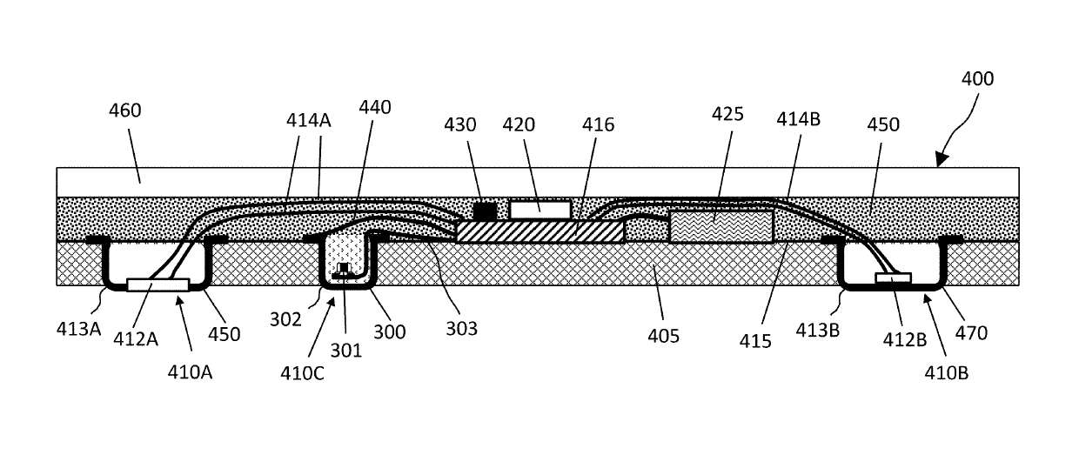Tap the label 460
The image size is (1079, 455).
click(x=125, y=111)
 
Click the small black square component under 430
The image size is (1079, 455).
click(x=484, y=211)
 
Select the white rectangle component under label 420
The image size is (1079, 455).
click(x=540, y=209)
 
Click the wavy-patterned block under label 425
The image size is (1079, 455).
click(x=720, y=226)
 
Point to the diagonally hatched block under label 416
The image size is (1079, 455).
click(x=540, y=231)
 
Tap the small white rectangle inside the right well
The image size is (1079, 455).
click(x=893, y=278)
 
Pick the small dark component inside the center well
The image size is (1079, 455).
click(x=345, y=271)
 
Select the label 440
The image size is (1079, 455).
click(x=374, y=108)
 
